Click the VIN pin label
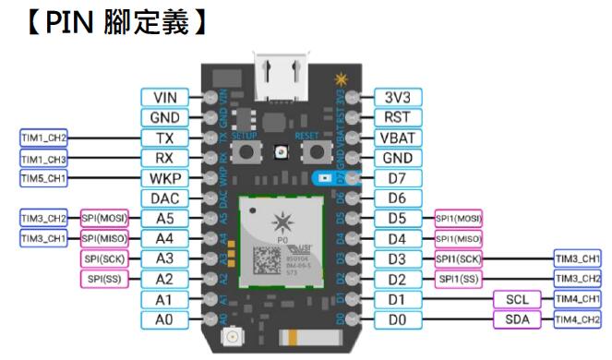click(x=164, y=97)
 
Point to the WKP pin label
click(x=164, y=177)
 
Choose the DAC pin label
click(x=164, y=198)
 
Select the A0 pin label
click(x=164, y=318)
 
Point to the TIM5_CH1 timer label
click(x=43, y=177)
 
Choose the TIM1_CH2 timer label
click(x=43, y=138)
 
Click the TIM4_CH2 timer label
click(x=577, y=319)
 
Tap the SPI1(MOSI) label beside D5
click(x=459, y=218)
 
